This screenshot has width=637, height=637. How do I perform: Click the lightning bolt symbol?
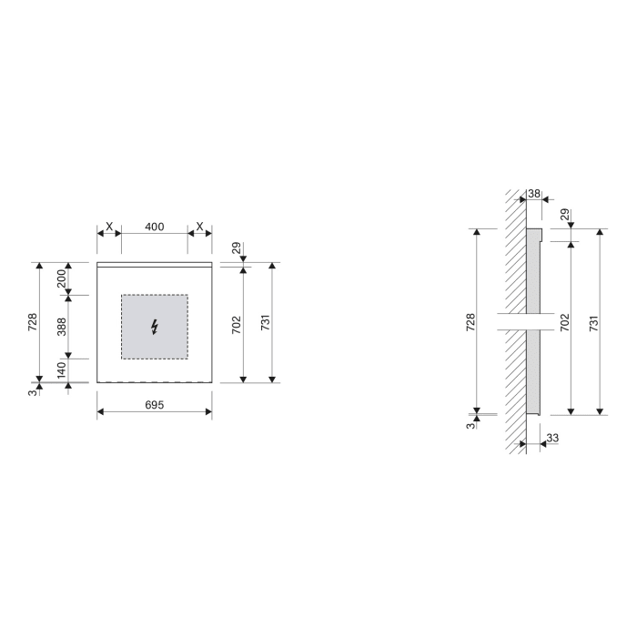tap(154, 327)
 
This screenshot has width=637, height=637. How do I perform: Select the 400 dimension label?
tap(155, 227)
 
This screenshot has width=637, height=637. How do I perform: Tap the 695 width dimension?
tap(155, 405)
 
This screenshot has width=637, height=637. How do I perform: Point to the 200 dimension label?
tap(62, 278)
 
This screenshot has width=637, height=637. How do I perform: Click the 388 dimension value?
tap(62, 326)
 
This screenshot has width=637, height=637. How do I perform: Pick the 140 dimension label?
tap(62, 369)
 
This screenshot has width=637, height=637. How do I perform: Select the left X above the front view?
tap(109, 227)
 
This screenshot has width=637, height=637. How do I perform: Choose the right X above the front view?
tap(200, 227)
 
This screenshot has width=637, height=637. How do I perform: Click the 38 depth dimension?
tap(534, 194)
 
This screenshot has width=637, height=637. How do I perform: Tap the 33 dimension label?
tap(552, 439)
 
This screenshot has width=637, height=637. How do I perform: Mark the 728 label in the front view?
tap(33, 322)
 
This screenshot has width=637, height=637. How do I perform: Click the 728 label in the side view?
tap(470, 322)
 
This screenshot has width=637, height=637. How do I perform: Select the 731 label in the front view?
tap(265, 322)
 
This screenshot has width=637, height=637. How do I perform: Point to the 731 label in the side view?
tap(594, 322)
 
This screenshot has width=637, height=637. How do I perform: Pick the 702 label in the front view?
tap(236, 322)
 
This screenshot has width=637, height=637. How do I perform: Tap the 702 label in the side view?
tap(564, 322)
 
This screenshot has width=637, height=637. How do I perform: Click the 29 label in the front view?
tap(236, 248)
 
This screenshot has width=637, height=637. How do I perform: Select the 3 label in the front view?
tap(33, 390)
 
